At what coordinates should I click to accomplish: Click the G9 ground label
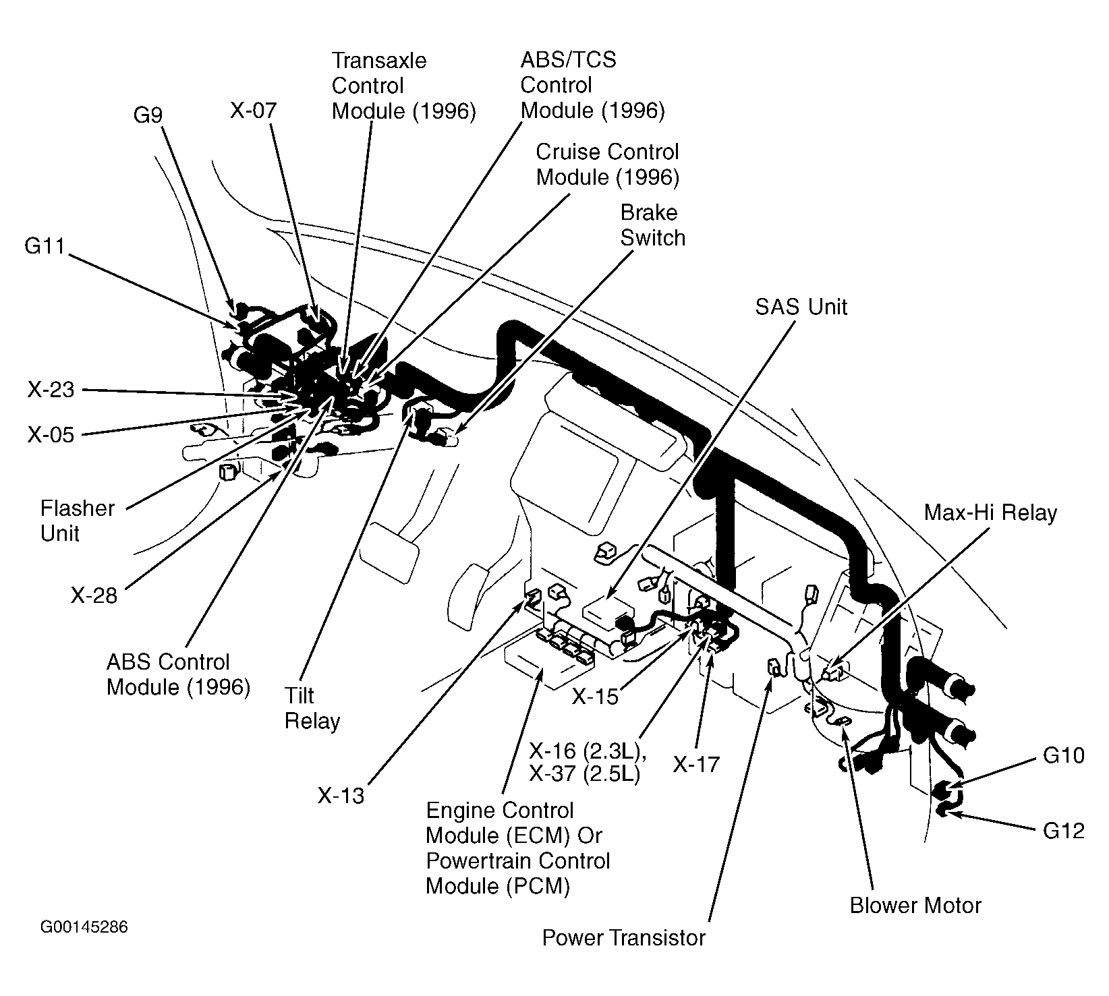point(148,115)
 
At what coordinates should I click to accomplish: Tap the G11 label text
point(45,247)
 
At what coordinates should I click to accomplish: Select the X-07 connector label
point(253,111)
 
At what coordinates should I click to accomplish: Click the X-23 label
point(51,390)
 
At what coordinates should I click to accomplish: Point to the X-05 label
point(51,435)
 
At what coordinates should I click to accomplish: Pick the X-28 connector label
point(94,595)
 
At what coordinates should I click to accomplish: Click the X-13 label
point(341,796)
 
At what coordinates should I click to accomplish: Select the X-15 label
point(595,697)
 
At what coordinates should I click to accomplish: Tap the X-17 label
point(696,764)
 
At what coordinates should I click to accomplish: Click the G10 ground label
point(1064,755)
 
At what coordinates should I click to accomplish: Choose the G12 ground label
point(1064,831)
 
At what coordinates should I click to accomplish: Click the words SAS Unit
point(801,307)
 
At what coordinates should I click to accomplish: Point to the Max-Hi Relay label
point(990,513)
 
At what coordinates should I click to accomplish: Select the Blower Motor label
point(915,905)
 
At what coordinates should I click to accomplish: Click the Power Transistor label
point(623,938)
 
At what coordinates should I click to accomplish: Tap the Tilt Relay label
point(312,708)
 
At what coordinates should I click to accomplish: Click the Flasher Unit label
point(78,521)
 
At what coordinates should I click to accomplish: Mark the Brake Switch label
point(652,225)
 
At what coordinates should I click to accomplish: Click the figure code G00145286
point(84,927)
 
